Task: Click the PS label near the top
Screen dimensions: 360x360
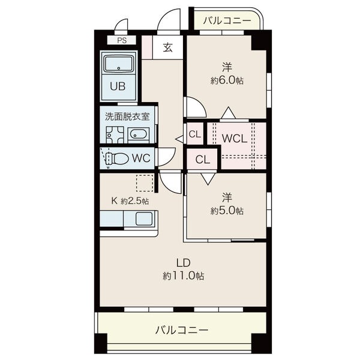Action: point(122,40)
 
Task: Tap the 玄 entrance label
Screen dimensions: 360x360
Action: point(168,47)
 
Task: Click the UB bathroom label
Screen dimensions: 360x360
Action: point(118,86)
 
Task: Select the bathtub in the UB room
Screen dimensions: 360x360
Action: point(119,63)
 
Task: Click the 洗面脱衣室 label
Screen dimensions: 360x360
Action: point(127,116)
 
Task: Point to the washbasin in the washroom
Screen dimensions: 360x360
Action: point(138,135)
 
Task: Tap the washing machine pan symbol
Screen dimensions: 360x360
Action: point(115,135)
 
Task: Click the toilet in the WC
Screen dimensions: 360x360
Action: point(117,158)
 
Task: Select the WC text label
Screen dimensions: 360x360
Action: point(141,158)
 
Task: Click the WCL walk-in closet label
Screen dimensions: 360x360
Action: point(234,138)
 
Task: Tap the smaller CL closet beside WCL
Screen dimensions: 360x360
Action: point(195,134)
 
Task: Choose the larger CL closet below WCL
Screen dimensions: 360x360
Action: point(202,159)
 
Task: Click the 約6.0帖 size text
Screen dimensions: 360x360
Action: point(227,80)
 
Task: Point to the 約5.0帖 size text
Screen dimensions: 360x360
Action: point(227,211)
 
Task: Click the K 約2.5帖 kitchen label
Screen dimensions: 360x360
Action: point(130,201)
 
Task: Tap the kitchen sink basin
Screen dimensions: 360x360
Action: point(144,218)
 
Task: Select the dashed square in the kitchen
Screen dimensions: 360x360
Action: point(145,183)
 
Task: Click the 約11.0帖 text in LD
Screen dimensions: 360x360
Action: point(184,276)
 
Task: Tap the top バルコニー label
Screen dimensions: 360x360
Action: point(227,21)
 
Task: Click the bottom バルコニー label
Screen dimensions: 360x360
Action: point(182,330)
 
